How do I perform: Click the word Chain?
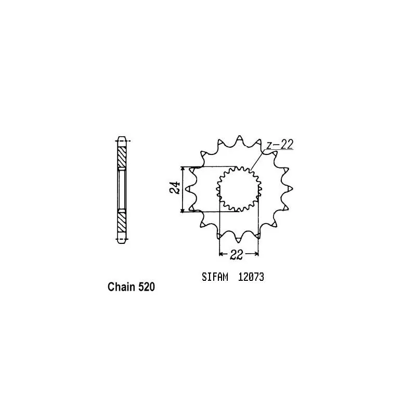[122, 287]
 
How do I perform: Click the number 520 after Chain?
[146, 287]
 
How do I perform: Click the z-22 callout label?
[280, 146]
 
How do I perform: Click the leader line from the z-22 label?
[258, 159]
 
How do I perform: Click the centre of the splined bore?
[239, 189]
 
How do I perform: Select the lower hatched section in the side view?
[121, 222]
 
